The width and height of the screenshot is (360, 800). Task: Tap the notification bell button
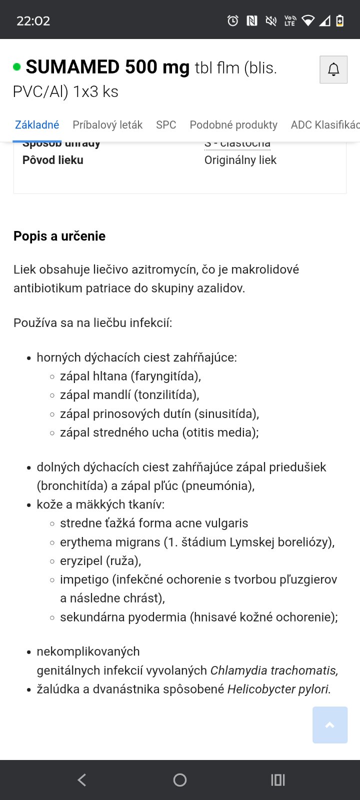[x=333, y=69]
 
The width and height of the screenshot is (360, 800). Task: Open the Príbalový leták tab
[x=107, y=124]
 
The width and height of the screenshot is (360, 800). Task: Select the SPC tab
[x=166, y=124]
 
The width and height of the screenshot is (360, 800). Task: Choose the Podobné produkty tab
[x=233, y=124]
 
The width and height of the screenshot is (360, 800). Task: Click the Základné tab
[x=37, y=124]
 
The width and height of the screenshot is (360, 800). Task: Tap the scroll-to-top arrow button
[x=330, y=725]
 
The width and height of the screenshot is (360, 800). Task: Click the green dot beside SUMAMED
[x=17, y=67]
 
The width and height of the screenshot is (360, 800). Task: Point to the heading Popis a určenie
[x=59, y=236]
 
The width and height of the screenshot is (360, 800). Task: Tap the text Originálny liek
[x=240, y=160]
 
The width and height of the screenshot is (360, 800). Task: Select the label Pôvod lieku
[x=53, y=160]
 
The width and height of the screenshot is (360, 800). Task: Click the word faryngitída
[x=166, y=376]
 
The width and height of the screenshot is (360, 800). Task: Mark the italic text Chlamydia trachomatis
[x=273, y=670]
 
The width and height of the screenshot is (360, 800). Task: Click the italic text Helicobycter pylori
[x=278, y=689]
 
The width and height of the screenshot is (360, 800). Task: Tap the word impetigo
[x=84, y=579]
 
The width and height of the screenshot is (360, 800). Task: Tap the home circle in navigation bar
[x=180, y=780]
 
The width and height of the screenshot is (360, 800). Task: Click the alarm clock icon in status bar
[x=233, y=20]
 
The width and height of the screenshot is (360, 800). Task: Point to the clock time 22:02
[x=33, y=21]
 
